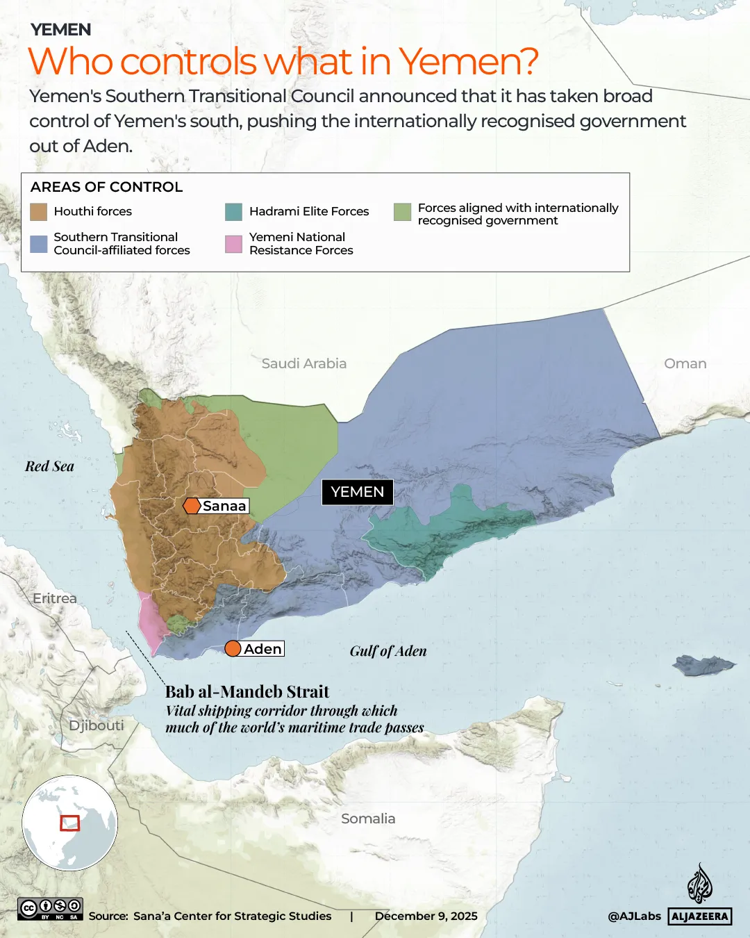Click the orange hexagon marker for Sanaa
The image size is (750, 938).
pos(192,506)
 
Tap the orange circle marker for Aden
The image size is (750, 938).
pos(233,649)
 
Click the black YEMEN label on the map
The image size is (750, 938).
pos(357,492)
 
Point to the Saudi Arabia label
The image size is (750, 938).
pos(303,363)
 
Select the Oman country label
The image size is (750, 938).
pos(685,363)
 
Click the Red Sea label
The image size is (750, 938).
pos(49,466)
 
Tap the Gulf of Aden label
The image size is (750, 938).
pos(387,651)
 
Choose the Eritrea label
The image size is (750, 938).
pos(55,598)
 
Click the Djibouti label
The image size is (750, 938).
pos(96,725)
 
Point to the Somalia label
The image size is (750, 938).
pos(368,818)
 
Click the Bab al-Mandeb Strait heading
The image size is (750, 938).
pos(247,691)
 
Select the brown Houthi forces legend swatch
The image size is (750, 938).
pos(39,212)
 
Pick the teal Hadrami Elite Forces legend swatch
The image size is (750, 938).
pos(234,212)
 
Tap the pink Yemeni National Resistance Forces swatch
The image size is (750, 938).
pos(234,244)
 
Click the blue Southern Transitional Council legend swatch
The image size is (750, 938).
pos(39,244)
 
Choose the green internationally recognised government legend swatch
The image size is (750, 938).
pos(402,212)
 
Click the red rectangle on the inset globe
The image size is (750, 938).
pos(69,823)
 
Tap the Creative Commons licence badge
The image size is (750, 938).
pos(51,909)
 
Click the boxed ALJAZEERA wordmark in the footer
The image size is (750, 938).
pos(700,916)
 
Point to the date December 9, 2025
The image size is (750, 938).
pos(426,916)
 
